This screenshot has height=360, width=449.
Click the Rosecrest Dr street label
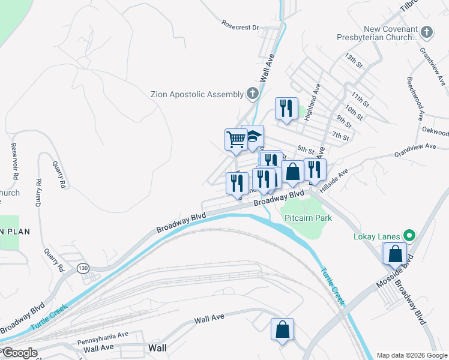(x=239, y=27)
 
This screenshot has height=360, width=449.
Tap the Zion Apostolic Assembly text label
(x=197, y=94)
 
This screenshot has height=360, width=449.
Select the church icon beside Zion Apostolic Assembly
(x=253, y=94)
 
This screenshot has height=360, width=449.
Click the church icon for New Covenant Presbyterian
(x=426, y=32)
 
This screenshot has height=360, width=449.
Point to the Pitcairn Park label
(x=308, y=218)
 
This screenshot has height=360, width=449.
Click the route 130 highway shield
(x=83, y=268)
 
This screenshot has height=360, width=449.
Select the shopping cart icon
(x=236, y=139)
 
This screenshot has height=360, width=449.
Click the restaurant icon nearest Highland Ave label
(x=286, y=108)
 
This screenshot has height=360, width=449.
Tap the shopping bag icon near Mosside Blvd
(x=395, y=253)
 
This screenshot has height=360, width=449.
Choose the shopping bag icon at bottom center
(x=282, y=329)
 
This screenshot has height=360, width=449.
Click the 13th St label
(x=354, y=59)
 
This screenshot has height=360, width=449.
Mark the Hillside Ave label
(x=334, y=179)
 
